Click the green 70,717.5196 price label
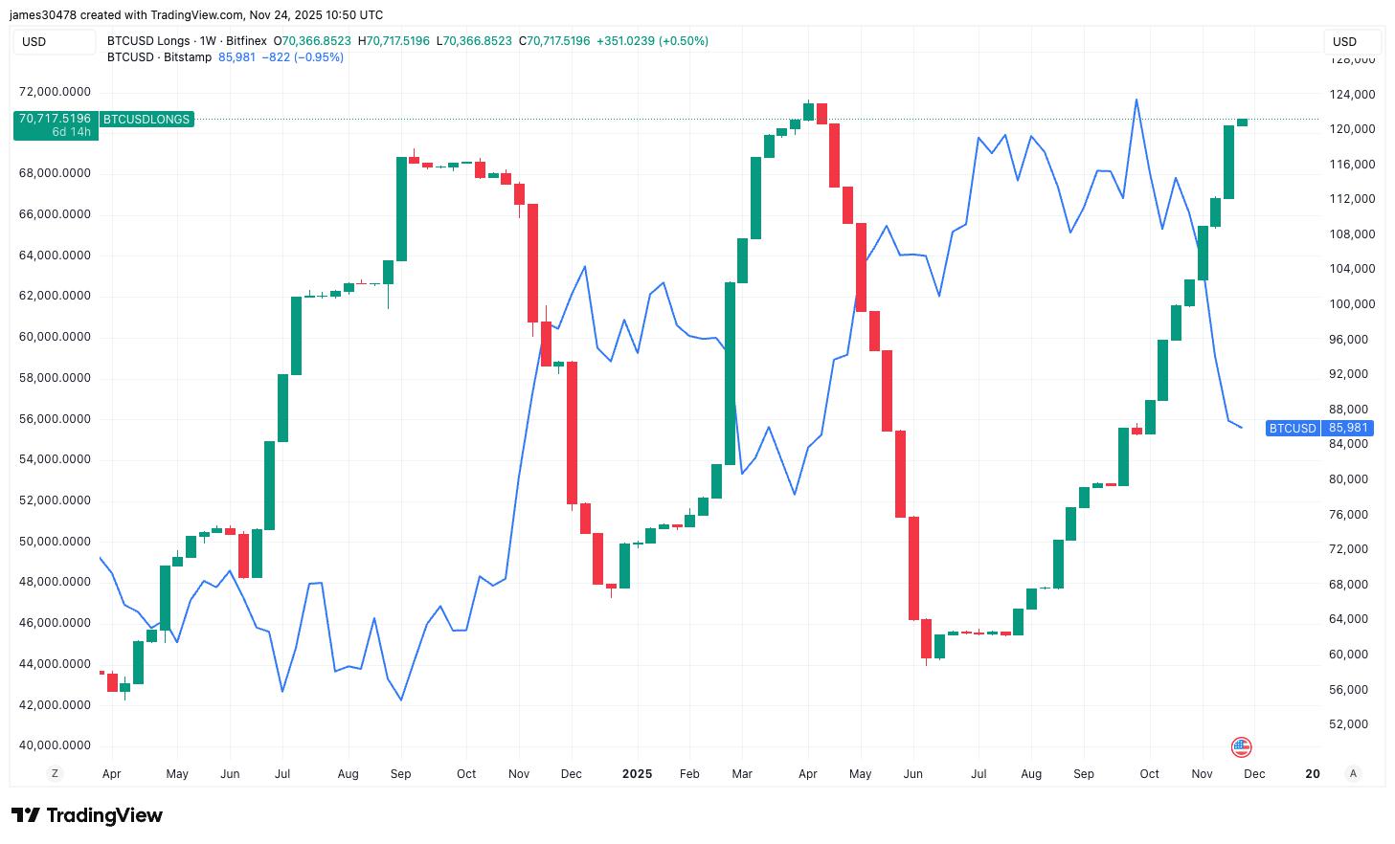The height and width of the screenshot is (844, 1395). [x=55, y=119]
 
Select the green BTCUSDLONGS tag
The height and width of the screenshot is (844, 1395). [x=146, y=120]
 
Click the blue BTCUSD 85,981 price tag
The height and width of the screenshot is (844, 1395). [x=1318, y=428]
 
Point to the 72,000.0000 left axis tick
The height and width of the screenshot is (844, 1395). [x=56, y=92]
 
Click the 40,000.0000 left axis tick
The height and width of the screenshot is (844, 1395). [x=56, y=745]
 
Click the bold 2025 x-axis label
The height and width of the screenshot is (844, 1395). [x=637, y=774]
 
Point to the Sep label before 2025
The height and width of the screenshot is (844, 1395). [x=400, y=774]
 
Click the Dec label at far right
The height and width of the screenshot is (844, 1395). [x=1254, y=774]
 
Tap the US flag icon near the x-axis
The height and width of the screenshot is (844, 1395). [x=1241, y=747]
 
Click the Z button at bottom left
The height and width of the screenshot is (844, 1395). [x=55, y=773]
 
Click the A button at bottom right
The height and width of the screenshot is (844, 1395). [x=1353, y=773]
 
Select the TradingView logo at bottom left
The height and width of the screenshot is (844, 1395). [x=87, y=815]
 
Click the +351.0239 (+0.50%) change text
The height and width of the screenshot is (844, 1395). [x=652, y=41]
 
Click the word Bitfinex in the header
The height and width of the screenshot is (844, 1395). [x=246, y=41]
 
